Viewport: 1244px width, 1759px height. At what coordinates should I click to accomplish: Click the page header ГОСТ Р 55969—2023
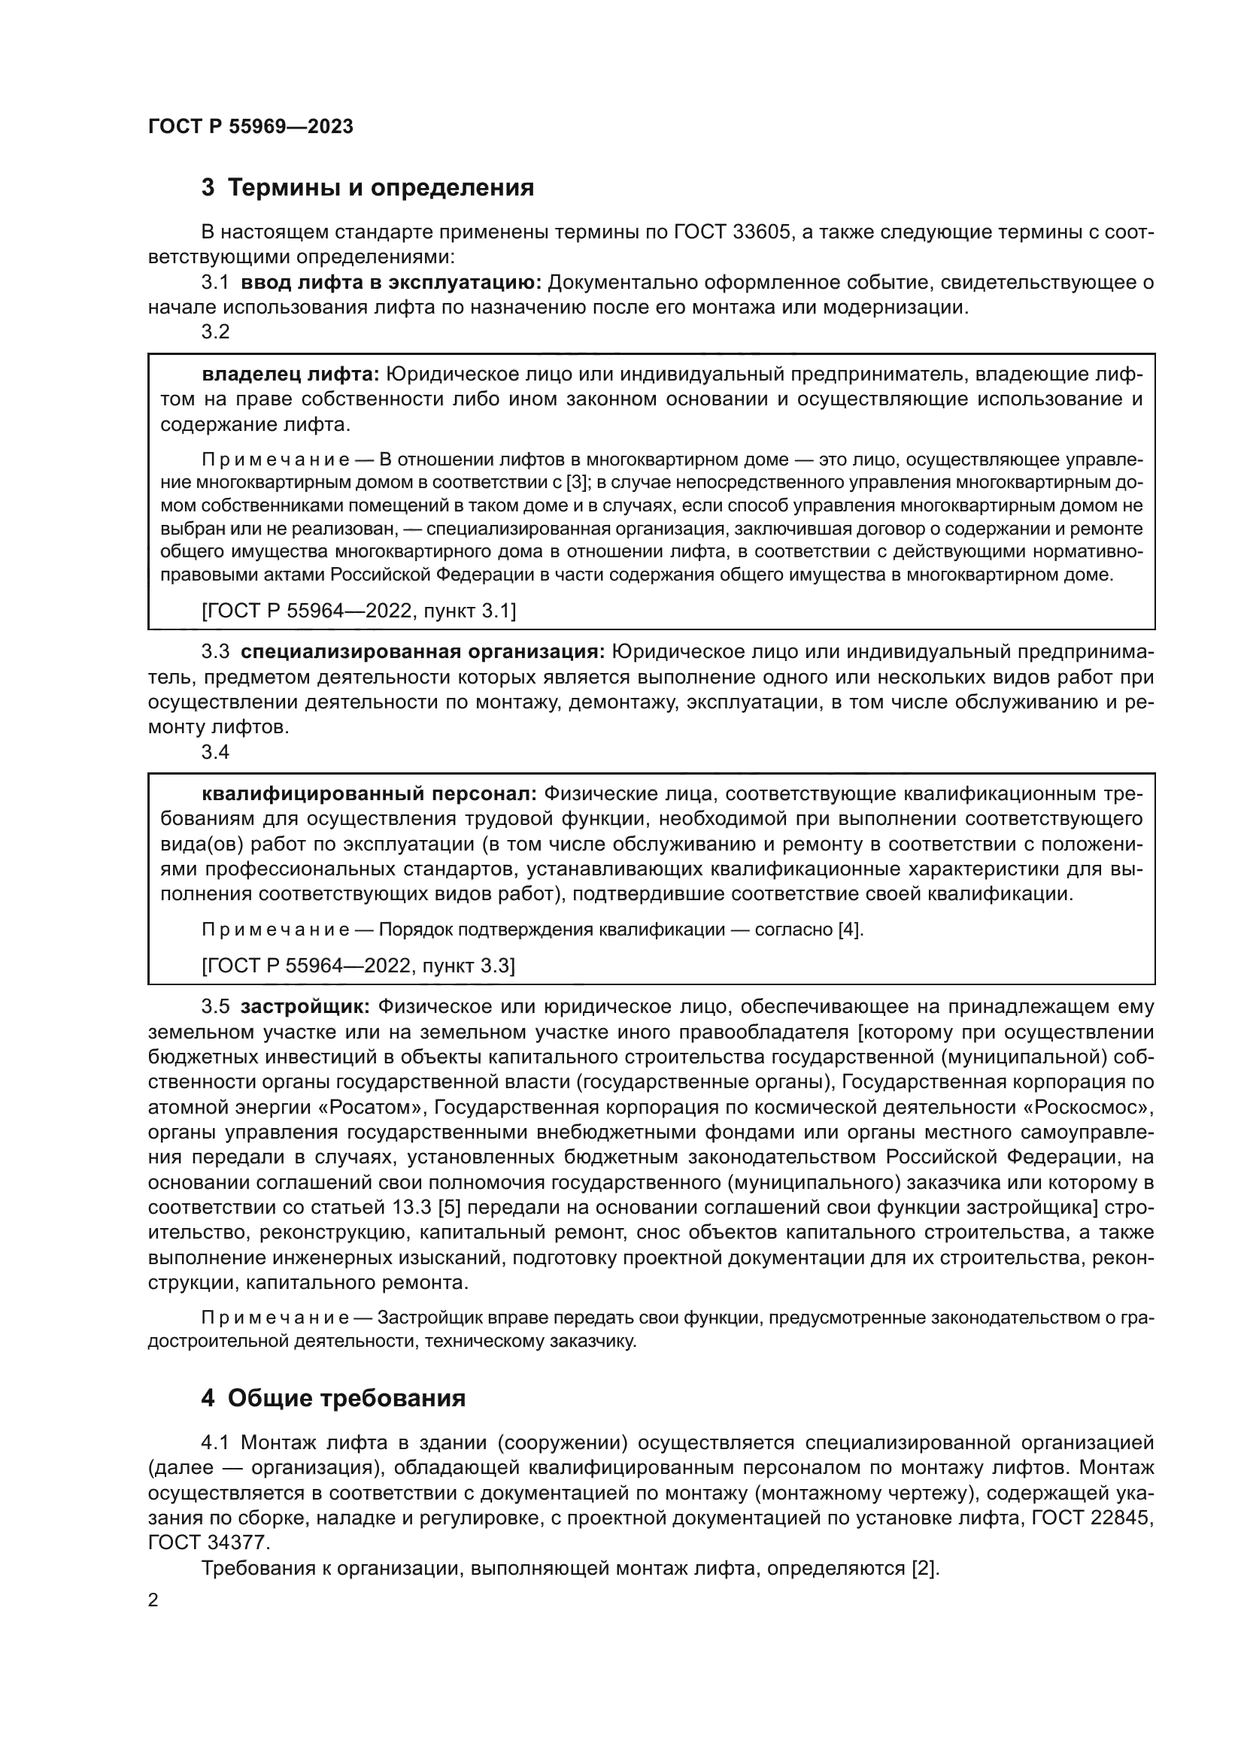pos(250,127)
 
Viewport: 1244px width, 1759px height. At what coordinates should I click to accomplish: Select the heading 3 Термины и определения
pos(367,188)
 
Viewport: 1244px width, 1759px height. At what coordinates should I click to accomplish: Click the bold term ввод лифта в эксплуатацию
pos(390,283)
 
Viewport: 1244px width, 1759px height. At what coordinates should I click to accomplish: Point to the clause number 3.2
pos(215,332)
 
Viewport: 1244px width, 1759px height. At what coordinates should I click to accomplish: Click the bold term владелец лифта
pos(290,375)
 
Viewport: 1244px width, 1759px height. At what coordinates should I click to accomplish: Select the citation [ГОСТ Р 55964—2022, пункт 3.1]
pos(359,611)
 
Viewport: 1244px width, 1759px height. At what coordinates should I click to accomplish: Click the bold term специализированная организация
pos(423,652)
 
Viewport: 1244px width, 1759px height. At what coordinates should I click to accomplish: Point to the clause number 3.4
pos(215,751)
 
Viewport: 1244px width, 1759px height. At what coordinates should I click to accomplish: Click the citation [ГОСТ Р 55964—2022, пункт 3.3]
pos(359,966)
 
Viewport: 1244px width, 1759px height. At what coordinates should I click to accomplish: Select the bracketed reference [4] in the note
pos(851,930)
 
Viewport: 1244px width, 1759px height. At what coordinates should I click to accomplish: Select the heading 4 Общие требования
pos(332,1398)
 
